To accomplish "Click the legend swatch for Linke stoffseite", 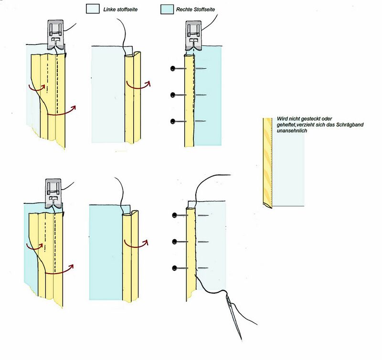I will [x=92, y=10].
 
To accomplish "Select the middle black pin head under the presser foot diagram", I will [x=172, y=95].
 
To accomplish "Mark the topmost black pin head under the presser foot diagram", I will [x=172, y=69].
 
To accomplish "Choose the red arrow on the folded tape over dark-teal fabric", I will [x=138, y=243].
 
